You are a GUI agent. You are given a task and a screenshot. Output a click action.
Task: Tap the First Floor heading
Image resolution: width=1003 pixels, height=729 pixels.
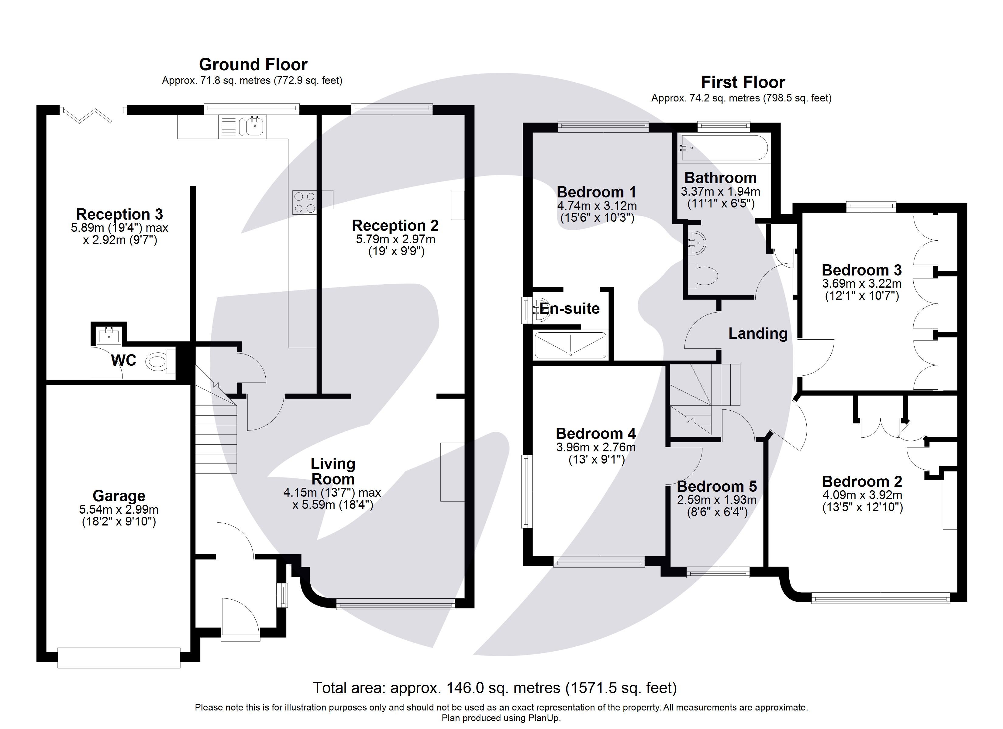(743, 82)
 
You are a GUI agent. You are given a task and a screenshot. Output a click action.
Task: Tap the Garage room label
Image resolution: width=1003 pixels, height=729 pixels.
(119, 496)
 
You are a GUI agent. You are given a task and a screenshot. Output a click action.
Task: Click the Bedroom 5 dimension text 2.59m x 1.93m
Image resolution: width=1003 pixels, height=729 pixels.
(716, 500)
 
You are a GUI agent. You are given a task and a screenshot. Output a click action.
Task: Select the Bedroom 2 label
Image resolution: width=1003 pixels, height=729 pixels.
(862, 481)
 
